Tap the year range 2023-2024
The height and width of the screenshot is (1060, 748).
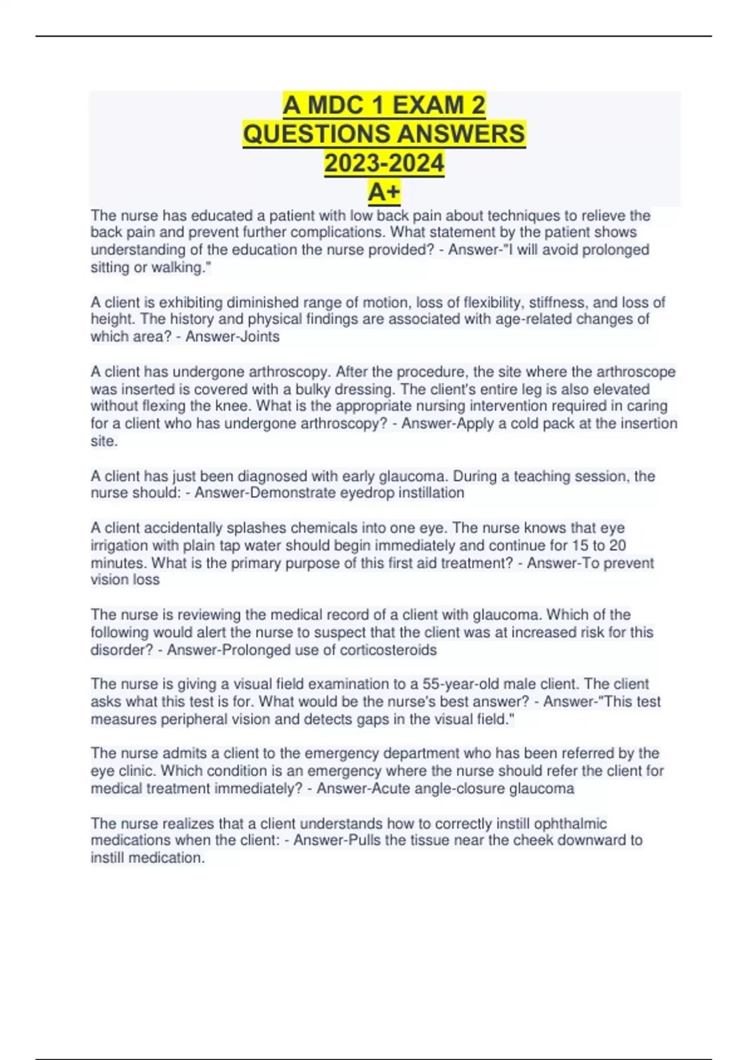click(384, 163)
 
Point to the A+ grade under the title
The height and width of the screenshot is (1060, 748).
click(384, 192)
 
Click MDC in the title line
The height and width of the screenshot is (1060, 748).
click(337, 105)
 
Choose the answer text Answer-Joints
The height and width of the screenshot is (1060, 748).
click(233, 337)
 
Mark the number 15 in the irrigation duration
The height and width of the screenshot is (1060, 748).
click(580, 545)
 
